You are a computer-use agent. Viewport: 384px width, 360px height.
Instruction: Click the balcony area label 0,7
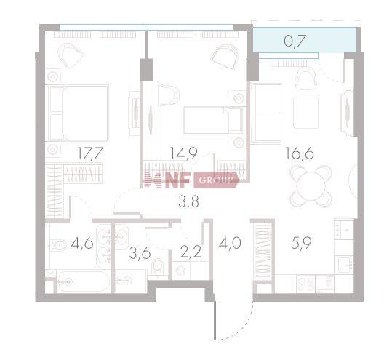(295, 41)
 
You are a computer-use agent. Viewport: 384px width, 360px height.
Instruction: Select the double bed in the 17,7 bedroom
(78, 113)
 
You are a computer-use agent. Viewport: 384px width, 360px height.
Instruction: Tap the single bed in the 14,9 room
(211, 120)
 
